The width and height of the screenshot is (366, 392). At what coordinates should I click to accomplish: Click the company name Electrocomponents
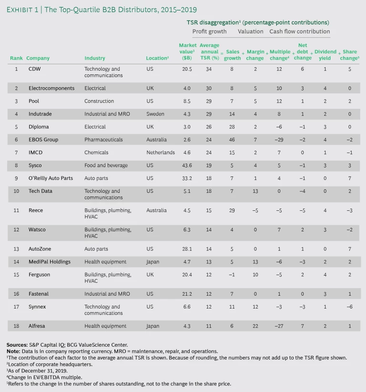pos(51,88)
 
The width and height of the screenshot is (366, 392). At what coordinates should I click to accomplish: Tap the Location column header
pos(157,58)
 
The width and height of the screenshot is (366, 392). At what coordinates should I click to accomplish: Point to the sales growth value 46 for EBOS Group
pos(233,140)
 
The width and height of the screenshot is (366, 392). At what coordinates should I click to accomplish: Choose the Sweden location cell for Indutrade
pos(155,114)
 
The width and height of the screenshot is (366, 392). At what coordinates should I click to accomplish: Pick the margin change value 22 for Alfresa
pos(255,326)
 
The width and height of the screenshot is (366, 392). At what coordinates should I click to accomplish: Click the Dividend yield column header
pos(325,55)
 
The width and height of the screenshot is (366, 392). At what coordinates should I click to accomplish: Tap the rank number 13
pos(16,249)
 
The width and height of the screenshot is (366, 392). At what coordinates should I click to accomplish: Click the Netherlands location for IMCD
pos(161,153)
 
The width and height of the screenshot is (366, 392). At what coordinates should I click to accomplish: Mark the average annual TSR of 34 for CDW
pos(207,69)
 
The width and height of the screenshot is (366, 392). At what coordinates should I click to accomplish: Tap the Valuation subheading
pos(250,31)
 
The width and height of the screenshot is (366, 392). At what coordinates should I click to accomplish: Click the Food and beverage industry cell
pos(106,165)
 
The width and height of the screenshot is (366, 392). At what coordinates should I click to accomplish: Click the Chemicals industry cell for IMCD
pos(96,153)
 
